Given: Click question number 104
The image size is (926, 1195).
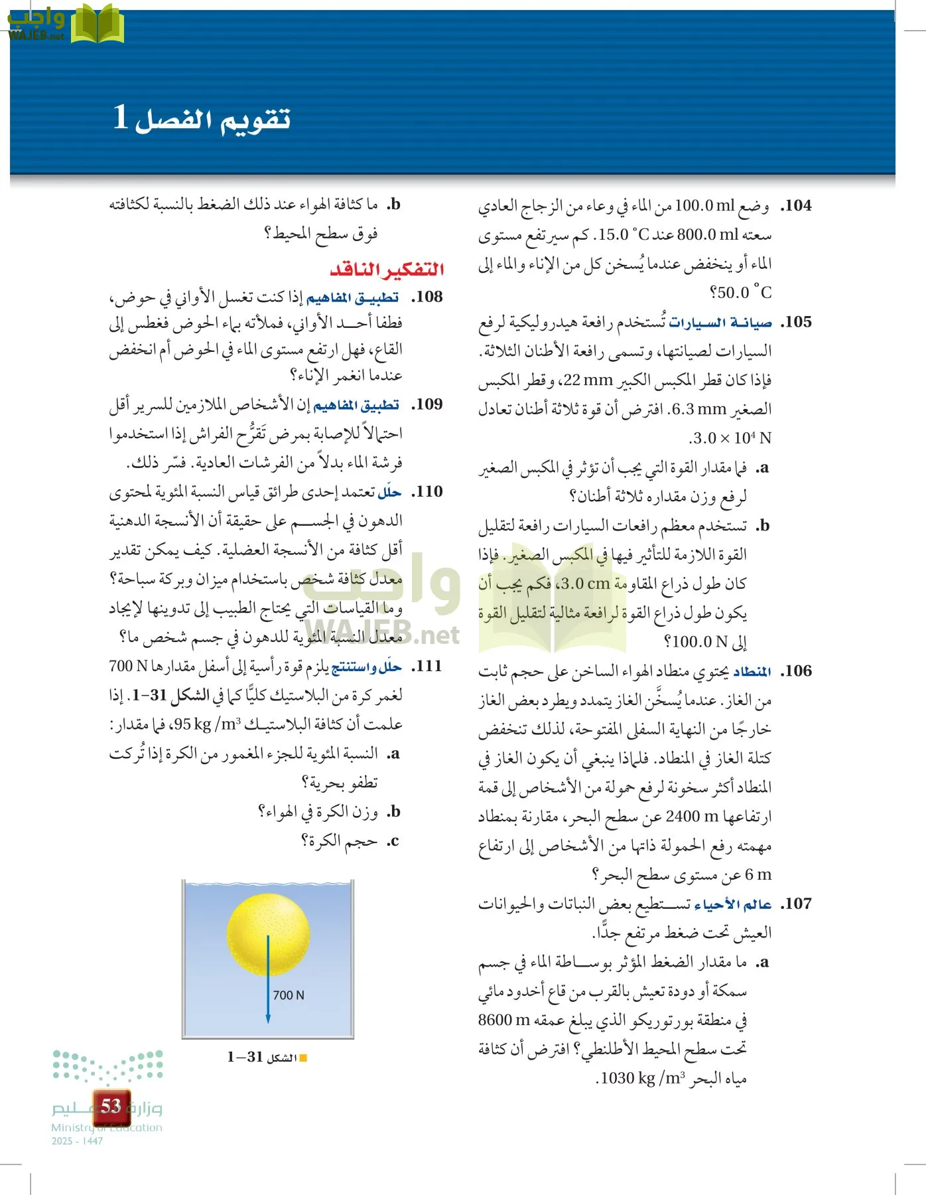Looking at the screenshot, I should (x=796, y=206).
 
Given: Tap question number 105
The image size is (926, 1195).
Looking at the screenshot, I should (x=796, y=322).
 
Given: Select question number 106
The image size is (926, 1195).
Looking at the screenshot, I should (x=796, y=671).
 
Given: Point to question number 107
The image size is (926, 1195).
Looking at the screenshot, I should (x=796, y=904).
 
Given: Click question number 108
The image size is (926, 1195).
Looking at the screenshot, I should (x=427, y=297).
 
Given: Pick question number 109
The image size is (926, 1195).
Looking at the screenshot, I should (x=427, y=404).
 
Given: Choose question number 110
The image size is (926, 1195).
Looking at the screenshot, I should (x=427, y=492).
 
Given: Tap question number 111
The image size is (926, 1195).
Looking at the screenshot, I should (x=427, y=666).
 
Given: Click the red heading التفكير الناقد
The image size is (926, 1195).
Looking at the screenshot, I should (x=387, y=270).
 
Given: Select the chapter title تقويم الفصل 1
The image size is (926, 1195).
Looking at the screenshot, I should (x=202, y=118).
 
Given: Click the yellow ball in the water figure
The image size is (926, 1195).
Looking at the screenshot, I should (x=268, y=933).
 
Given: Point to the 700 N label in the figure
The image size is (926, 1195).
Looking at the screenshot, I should (x=289, y=995).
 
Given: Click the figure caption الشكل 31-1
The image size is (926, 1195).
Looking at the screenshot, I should (x=262, y=1057).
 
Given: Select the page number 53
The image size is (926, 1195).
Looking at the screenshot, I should (x=111, y=1106).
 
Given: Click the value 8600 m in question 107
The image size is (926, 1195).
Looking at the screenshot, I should (x=504, y=1020).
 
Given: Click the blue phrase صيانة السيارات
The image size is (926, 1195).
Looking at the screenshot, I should (x=720, y=323).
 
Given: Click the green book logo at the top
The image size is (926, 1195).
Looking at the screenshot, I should (x=97, y=25).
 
